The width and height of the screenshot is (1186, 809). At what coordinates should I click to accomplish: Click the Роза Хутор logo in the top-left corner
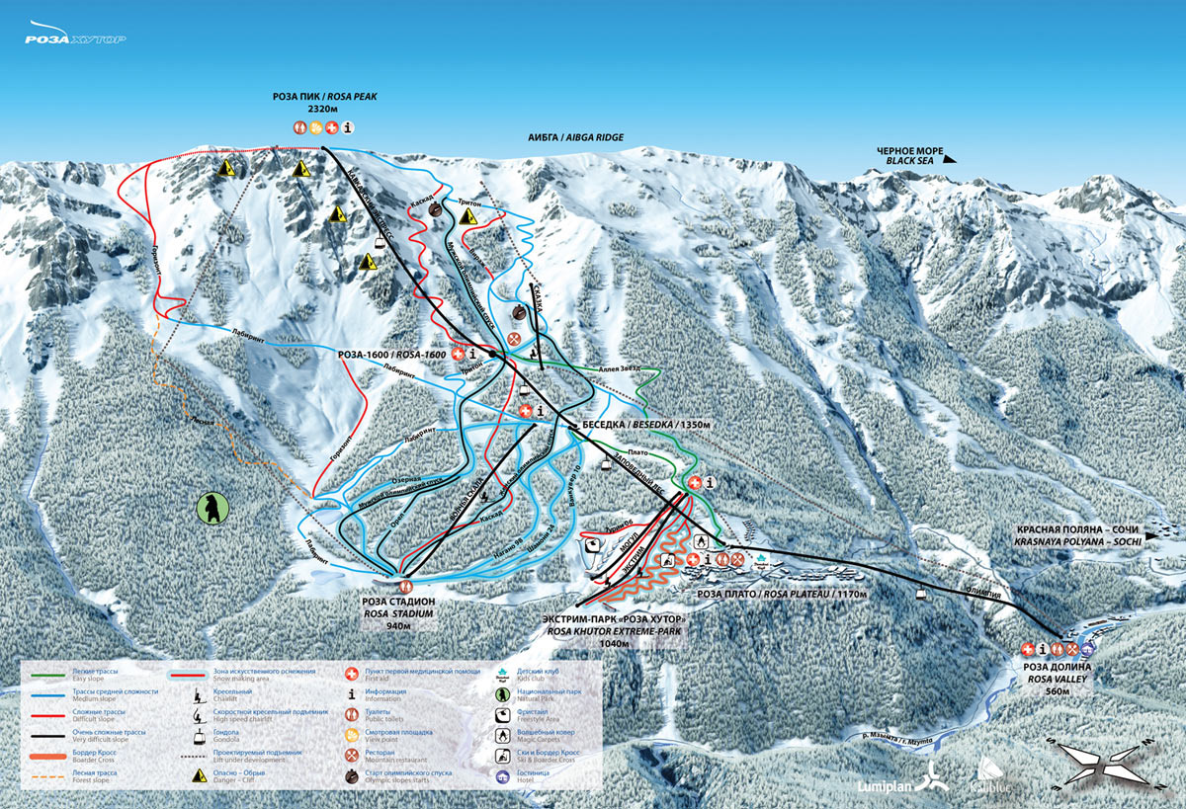[x=75, y=39]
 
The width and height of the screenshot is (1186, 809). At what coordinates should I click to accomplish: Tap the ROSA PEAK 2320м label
[x=325, y=103]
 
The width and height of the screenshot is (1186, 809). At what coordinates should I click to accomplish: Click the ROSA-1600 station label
[x=393, y=354]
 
